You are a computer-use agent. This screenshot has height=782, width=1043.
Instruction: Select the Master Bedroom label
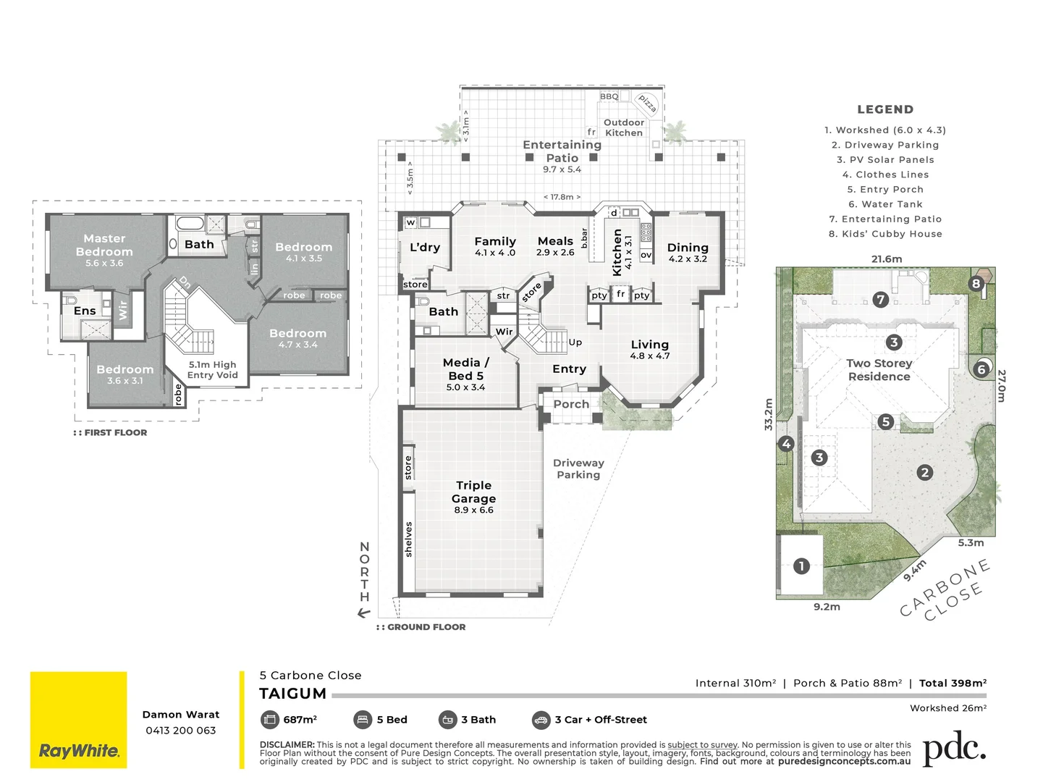pos(104,245)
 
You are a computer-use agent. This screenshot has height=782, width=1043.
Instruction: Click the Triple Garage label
pos(474,492)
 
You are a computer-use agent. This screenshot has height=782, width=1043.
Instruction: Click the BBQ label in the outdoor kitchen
pos(609,96)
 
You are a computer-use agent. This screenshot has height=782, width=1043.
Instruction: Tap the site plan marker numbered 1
pos(801,566)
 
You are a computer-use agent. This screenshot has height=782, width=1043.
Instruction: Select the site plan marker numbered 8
pos(976,283)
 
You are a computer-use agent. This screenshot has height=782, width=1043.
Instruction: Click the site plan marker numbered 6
pos(981,369)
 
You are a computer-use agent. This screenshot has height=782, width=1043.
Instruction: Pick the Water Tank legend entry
pos(885,204)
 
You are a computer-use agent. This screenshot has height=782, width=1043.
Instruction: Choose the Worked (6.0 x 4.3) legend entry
pos(885,130)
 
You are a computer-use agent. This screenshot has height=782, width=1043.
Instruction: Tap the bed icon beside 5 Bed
pos(363,720)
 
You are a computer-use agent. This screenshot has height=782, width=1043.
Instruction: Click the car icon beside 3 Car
pos(541,720)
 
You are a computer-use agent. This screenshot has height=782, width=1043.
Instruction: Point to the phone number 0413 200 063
pos(181,730)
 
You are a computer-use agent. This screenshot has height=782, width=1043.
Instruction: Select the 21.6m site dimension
pos(886,259)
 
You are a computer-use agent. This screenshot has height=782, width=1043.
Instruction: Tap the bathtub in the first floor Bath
pos(190,223)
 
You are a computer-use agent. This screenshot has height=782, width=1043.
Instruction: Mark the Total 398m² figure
pos(953,683)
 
